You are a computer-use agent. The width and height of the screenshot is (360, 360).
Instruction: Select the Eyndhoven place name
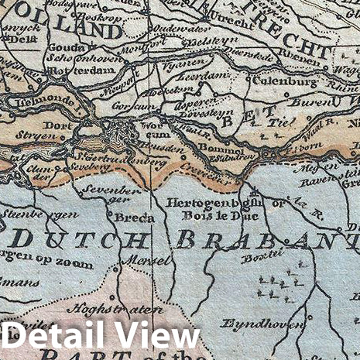point(252,323)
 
